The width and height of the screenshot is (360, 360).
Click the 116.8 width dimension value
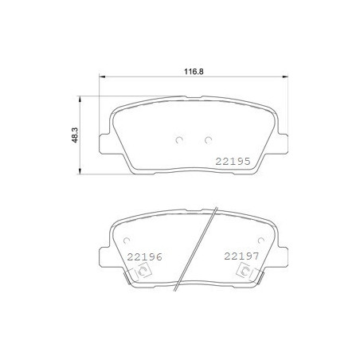pyautogui.click(x=194, y=72)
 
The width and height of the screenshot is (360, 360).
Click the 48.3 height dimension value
pyautogui.click(x=75, y=135)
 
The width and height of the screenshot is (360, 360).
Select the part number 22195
pyautogui.click(x=233, y=161)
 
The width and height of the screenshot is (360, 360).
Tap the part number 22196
pyautogui.click(x=144, y=256)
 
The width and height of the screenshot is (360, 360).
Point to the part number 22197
pyautogui.click(x=241, y=256)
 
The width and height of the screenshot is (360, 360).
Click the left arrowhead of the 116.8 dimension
pyautogui.click(x=102, y=76)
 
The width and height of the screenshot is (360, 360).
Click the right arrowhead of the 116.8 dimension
pyautogui.click(x=285, y=76)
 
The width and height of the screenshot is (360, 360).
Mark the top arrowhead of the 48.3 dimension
pyautogui.click(x=80, y=99)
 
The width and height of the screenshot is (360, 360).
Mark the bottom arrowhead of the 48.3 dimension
pyautogui.click(x=80, y=171)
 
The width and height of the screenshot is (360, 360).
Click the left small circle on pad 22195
pyautogui.click(x=179, y=140)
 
